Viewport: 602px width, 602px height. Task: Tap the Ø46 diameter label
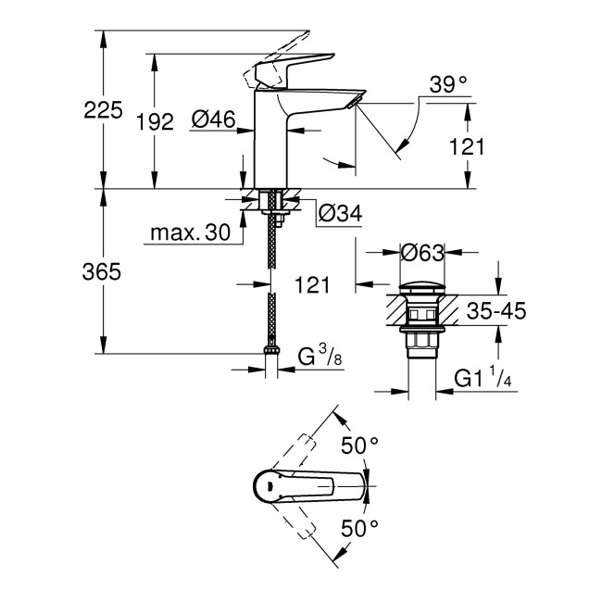(214, 119)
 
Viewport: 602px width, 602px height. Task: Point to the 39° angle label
(449, 85)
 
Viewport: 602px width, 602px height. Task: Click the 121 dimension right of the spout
(492, 146)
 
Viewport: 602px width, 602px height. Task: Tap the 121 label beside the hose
(312, 285)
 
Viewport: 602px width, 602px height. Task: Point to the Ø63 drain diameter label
(422, 251)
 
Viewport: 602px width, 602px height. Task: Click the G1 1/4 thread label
(484, 377)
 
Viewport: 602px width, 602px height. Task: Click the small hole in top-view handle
(267, 485)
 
